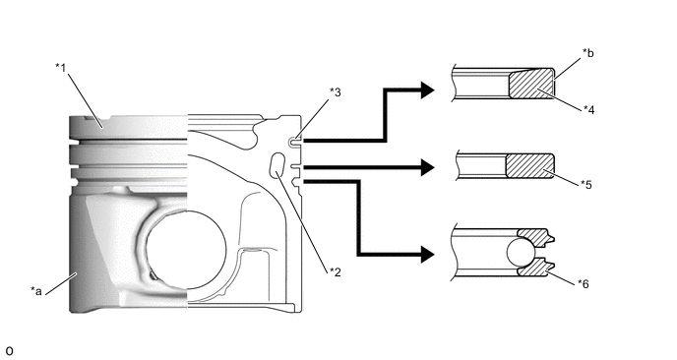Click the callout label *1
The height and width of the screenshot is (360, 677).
(x=60, y=67)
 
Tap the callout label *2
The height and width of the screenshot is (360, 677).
(x=335, y=271)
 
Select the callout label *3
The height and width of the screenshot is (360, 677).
(x=335, y=92)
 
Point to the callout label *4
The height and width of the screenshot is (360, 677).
(x=588, y=110)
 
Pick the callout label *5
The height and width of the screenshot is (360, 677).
(x=586, y=185)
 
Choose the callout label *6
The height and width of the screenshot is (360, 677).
(x=583, y=284)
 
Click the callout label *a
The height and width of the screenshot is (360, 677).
(x=36, y=291)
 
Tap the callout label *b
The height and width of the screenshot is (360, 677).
(x=588, y=53)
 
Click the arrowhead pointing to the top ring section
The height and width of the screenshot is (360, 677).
(x=427, y=90)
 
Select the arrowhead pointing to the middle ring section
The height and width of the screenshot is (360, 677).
(x=427, y=167)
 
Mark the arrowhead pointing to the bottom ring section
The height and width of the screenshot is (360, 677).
(x=427, y=254)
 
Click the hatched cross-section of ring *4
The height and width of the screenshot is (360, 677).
(x=532, y=84)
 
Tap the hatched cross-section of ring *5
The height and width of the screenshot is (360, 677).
(x=530, y=166)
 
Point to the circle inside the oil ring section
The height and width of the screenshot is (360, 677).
(x=522, y=253)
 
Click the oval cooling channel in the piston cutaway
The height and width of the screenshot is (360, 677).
(x=277, y=165)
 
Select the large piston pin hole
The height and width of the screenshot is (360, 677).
(x=186, y=250)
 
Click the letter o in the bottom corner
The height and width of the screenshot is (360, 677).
(x=9, y=351)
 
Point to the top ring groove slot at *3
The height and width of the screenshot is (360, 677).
(x=295, y=142)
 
